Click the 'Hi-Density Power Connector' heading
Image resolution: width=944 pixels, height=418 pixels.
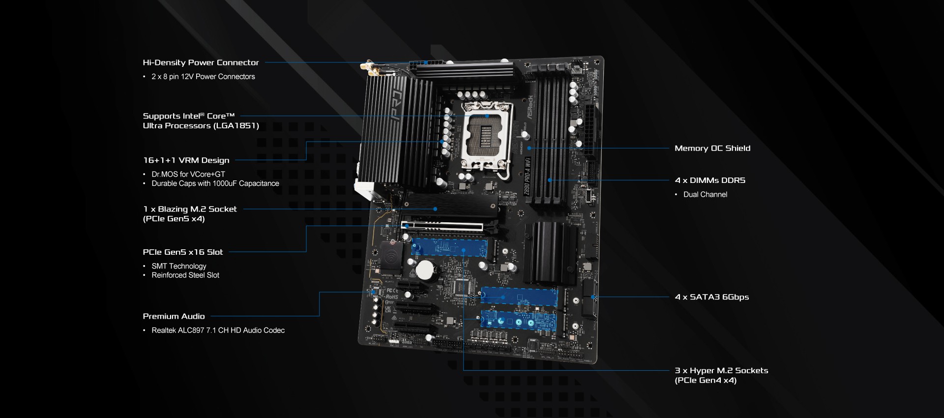pos(201,62)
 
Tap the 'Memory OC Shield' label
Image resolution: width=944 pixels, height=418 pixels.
pos(712,148)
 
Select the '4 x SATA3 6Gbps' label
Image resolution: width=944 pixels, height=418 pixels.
pos(711,297)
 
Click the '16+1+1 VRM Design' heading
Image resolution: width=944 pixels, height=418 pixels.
pos(186,160)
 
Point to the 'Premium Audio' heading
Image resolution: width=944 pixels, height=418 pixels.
pos(174,316)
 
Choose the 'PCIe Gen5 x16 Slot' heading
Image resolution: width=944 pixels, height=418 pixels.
pos(182,252)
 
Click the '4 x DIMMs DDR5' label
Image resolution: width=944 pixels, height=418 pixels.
pos(709,180)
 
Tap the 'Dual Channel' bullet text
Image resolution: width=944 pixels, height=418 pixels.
pos(705,195)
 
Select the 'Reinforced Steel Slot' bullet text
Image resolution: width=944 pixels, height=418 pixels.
pos(185,275)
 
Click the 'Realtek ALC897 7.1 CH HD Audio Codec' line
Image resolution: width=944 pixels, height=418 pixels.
pos(218,330)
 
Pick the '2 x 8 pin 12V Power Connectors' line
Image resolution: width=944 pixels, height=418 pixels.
pos(203,77)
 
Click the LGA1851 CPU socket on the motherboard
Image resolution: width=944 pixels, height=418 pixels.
pos(487,135)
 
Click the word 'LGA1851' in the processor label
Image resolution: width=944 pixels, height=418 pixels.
pos(236,126)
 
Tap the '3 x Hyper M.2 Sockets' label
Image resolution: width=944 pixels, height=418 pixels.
pos(721,371)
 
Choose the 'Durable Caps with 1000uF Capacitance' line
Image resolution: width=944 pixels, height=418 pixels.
pos(215,183)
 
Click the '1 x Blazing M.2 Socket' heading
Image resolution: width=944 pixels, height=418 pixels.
pos(190,209)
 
